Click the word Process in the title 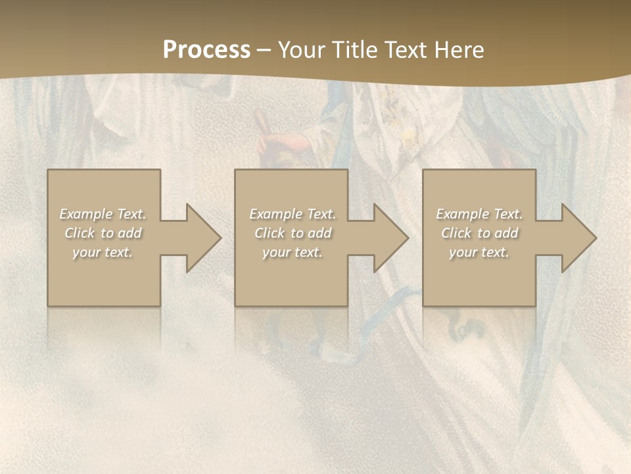(x=206, y=50)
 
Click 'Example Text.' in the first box (x=103, y=214)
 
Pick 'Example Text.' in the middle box (x=292, y=214)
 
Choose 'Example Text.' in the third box (x=479, y=214)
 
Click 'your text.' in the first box (x=103, y=252)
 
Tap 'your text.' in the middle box (x=292, y=252)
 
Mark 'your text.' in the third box (x=479, y=252)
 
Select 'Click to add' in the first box (x=103, y=233)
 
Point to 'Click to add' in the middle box (x=292, y=233)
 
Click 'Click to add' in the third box (x=479, y=233)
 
